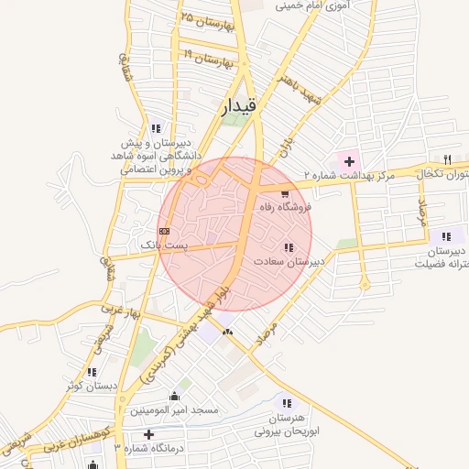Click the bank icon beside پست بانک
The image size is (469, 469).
(x=164, y=231)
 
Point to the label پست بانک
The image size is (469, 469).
(x=163, y=245)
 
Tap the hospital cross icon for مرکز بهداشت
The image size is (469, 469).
(x=349, y=161)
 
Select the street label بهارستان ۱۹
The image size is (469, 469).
(x=212, y=58)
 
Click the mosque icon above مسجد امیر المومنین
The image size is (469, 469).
(x=174, y=396)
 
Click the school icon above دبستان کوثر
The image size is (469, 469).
(x=92, y=372)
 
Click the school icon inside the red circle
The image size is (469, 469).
(x=289, y=247)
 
